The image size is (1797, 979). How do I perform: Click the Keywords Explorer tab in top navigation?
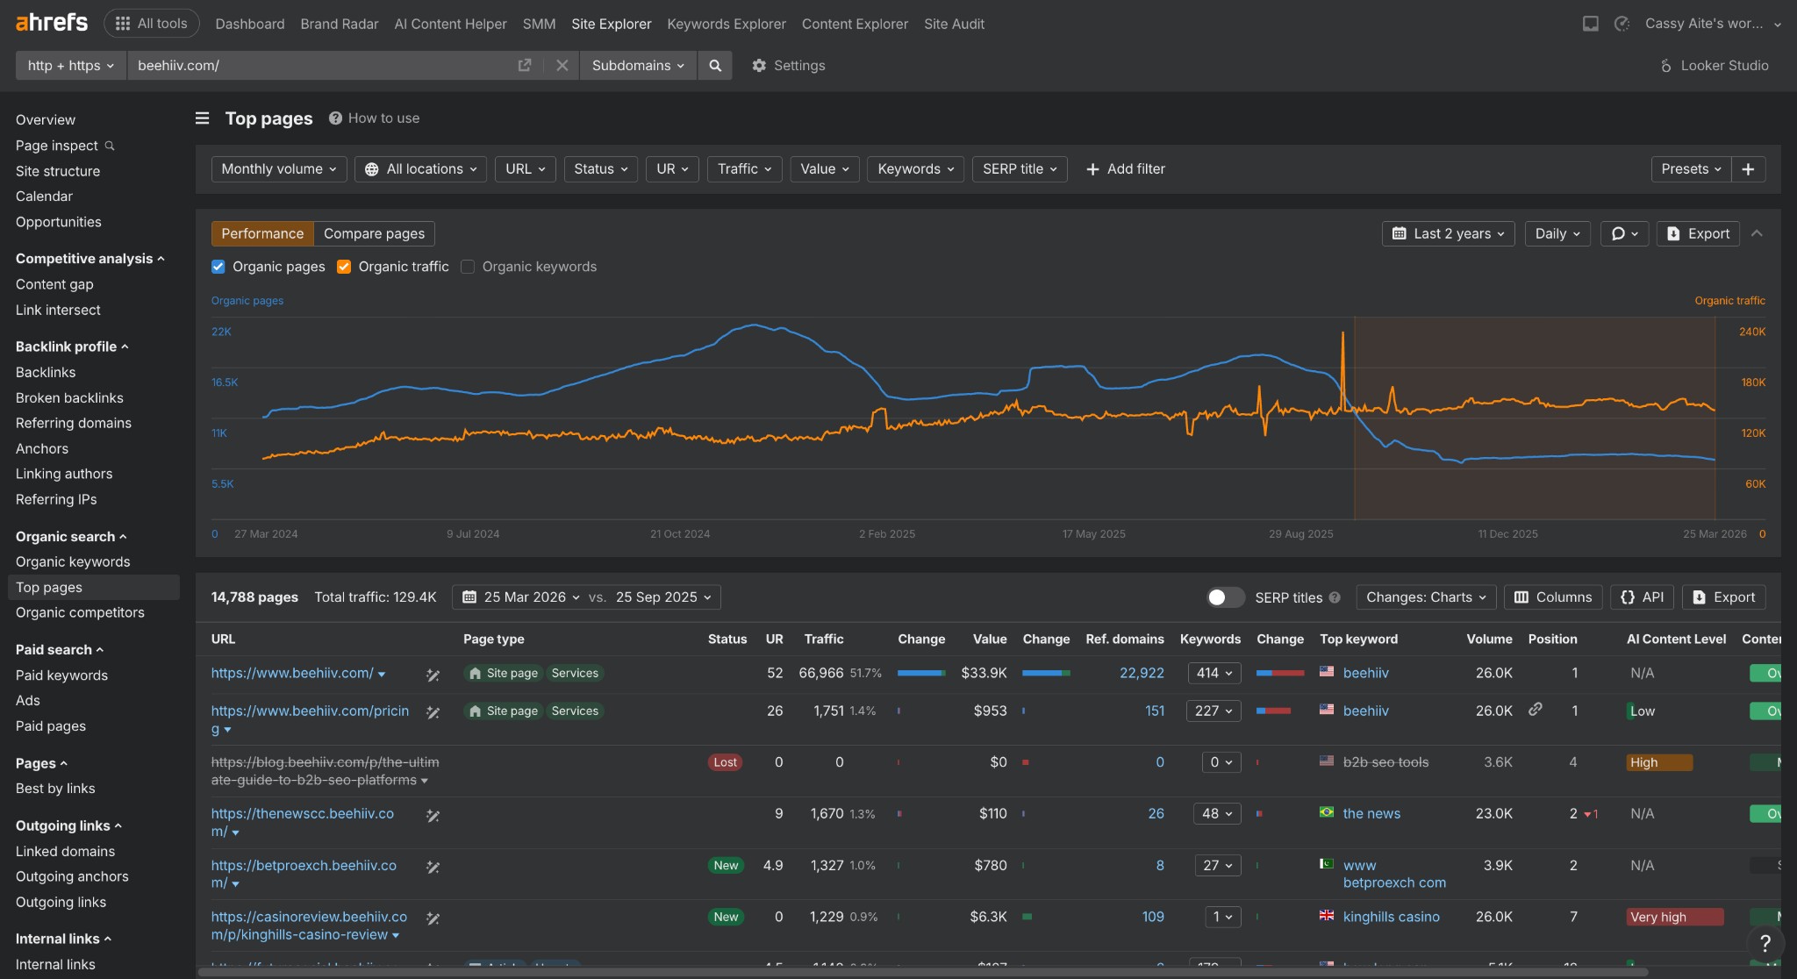[726, 24]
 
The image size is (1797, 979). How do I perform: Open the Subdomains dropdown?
[637, 66]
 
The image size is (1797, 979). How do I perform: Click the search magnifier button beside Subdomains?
[715, 66]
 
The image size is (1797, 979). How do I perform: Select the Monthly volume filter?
[278, 169]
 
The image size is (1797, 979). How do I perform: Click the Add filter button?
[1126, 169]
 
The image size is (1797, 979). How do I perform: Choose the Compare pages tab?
[374, 233]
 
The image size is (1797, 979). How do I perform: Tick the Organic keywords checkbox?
[468, 267]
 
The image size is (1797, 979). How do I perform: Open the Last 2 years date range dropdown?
[1448, 233]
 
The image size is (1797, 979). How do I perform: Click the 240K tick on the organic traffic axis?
[1751, 332]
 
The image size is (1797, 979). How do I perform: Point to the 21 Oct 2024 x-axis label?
[679, 533]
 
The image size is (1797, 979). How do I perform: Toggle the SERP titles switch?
[1225, 597]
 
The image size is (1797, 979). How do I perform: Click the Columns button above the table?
[1553, 597]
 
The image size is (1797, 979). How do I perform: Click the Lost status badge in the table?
[725, 762]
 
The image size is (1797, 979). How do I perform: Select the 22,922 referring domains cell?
[1141, 673]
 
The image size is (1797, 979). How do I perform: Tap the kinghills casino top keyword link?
[1391, 917]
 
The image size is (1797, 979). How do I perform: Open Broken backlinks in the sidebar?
[69, 397]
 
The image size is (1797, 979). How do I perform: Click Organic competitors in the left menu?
[80, 612]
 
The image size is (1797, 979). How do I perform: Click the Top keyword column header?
[1358, 639]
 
